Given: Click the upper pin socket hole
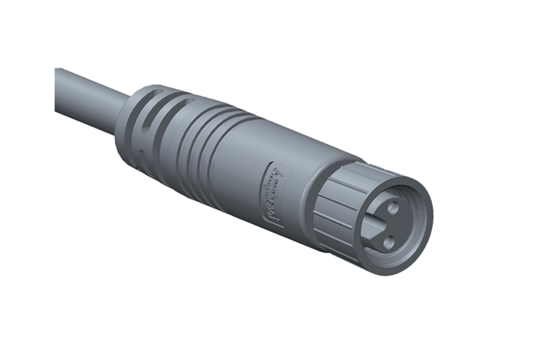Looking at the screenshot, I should [393, 209].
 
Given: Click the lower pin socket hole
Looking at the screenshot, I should [389, 240].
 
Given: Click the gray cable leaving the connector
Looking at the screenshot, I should [88, 99].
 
